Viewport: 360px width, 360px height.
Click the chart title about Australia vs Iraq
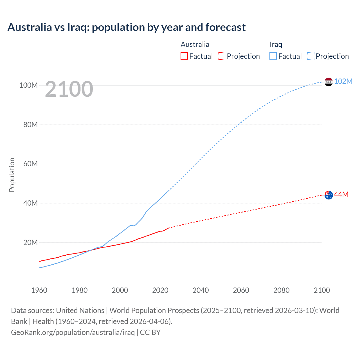click(127, 27)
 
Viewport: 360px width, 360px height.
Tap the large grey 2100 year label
click(69, 89)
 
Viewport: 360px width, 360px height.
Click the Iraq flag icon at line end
click(328, 82)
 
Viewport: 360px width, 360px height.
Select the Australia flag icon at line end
click(328, 195)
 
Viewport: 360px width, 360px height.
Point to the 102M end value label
click(343, 81)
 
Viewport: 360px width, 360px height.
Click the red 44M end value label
click(341, 194)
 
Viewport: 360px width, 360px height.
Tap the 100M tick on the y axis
click(28, 85)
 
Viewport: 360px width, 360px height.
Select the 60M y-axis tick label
click(30, 164)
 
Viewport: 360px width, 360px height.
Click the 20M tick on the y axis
click(30, 242)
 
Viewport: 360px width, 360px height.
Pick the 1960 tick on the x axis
click(39, 290)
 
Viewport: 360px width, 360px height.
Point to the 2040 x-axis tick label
click(201, 290)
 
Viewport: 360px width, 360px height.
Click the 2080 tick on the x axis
click(281, 290)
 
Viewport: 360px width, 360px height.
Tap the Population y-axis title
click(12, 175)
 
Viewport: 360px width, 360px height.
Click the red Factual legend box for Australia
click(184, 56)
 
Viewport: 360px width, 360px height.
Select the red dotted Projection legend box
click(222, 56)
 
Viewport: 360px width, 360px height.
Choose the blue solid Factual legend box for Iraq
click(273, 56)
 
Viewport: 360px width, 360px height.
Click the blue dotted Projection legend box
click(311, 56)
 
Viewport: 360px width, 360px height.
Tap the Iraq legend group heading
click(276, 44)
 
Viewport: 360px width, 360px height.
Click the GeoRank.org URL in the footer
click(73, 332)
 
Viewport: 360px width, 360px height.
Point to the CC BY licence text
click(150, 332)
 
